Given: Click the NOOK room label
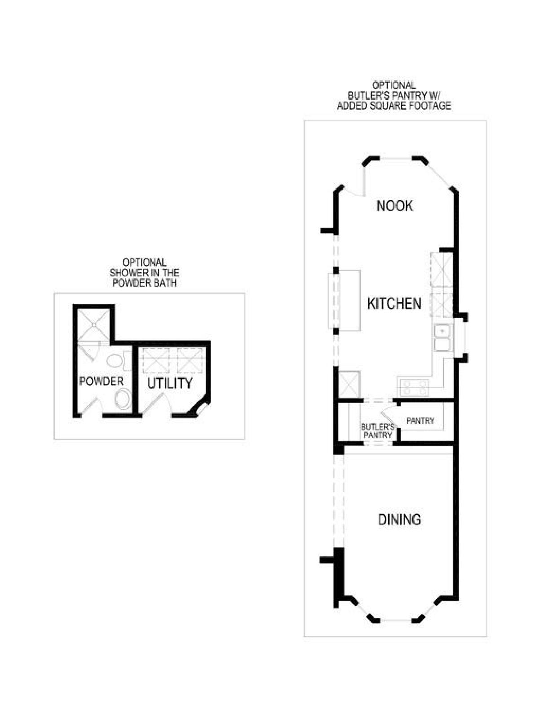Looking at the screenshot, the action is point(394,206).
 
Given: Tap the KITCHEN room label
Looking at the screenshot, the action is point(394,304).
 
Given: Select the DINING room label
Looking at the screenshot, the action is point(399,520).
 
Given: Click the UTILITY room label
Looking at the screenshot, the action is point(169,384).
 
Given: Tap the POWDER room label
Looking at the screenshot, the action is point(101,381).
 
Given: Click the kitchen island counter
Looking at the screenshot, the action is point(345,300).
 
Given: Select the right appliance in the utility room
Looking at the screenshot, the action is point(192,360).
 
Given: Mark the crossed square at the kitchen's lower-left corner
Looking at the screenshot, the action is point(349,384).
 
